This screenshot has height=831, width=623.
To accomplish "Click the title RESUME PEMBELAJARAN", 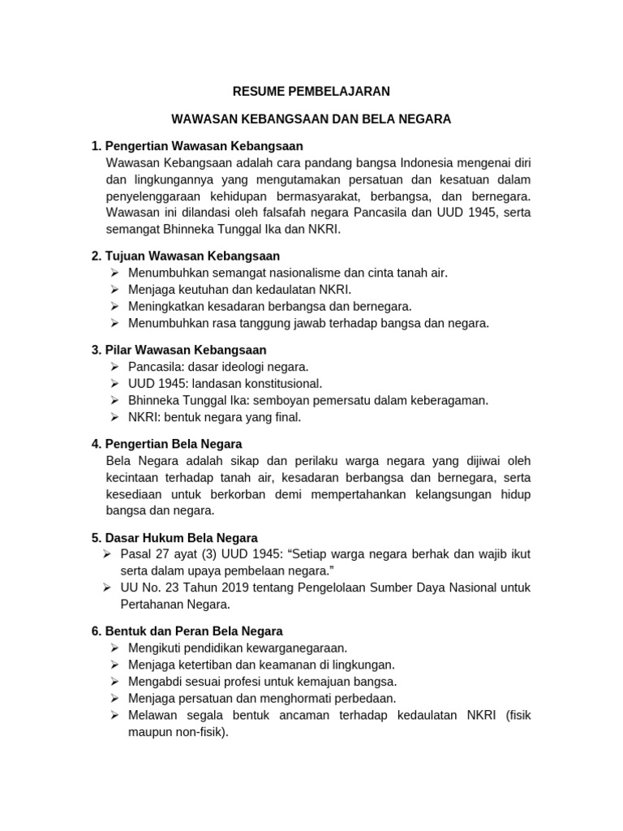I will point(311,91).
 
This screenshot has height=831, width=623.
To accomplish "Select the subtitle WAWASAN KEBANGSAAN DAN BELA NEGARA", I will point(311,118).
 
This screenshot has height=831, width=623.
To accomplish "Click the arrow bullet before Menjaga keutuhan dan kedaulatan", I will point(114,290).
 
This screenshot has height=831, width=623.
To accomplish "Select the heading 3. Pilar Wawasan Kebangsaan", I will point(179,350).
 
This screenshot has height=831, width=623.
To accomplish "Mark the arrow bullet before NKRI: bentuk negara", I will point(114,418).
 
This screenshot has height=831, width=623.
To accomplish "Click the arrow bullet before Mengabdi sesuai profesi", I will point(114,682).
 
